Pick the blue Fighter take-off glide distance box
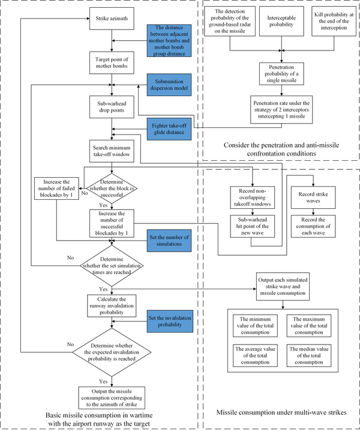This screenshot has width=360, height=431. (170, 128)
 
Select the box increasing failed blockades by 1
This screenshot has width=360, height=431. (58, 189)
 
